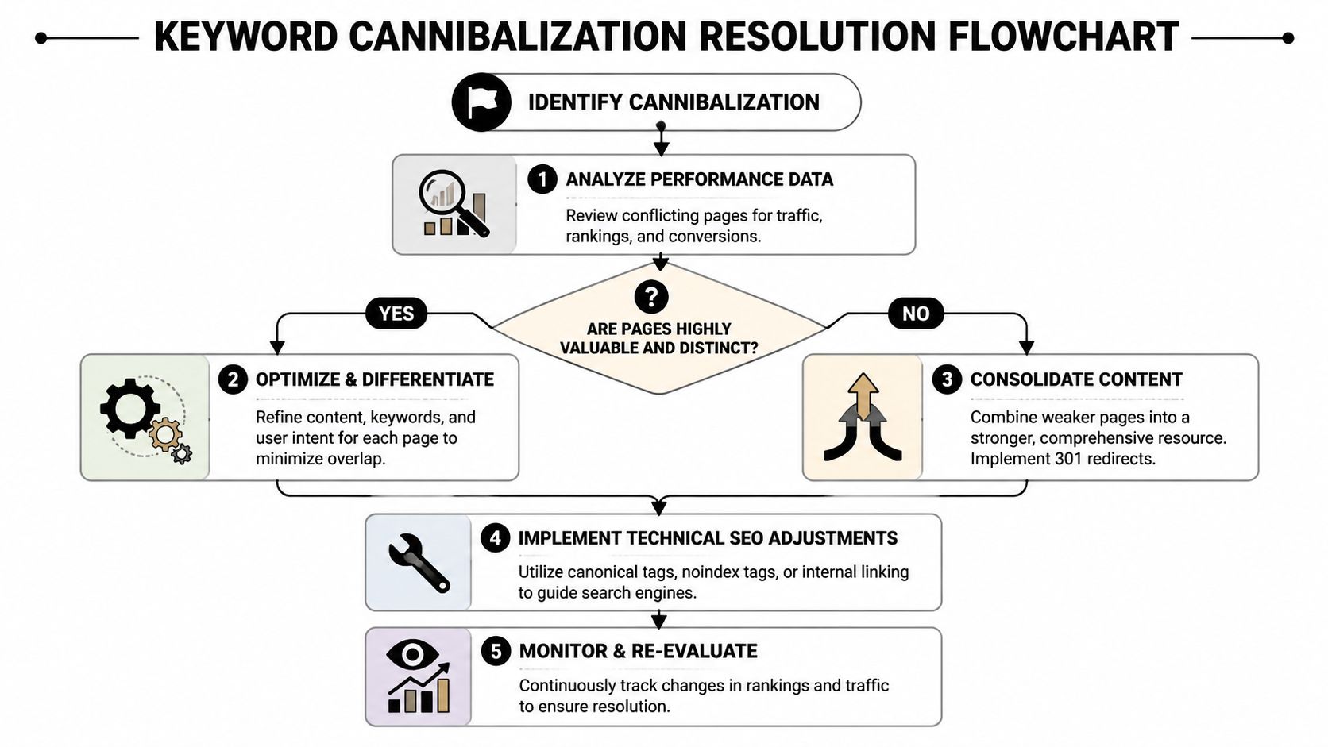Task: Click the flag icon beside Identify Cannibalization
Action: [x=481, y=102]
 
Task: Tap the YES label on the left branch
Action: [x=396, y=314]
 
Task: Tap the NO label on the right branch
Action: [x=915, y=314]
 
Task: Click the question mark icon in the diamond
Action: [x=651, y=297]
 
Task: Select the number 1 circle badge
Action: [x=542, y=179]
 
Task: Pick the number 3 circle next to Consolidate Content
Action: [x=947, y=379]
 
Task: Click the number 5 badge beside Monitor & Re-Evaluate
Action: [x=496, y=651]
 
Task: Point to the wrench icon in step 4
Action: [x=419, y=563]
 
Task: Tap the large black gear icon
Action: [x=129, y=407]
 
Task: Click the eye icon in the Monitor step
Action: [x=411, y=655]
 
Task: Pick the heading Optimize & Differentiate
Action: [x=374, y=379]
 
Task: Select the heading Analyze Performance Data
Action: [x=699, y=179]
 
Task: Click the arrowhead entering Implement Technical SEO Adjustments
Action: [x=658, y=506]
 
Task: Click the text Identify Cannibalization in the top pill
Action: [x=674, y=102]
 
